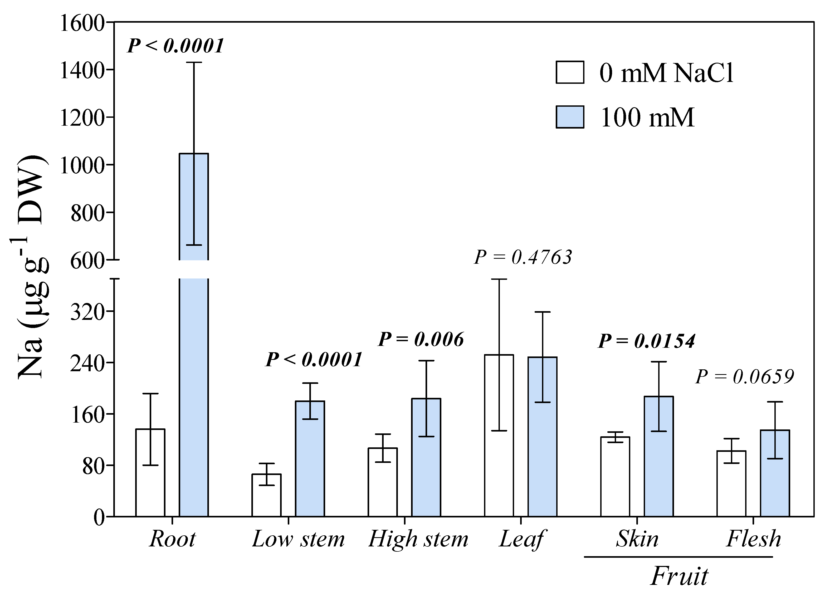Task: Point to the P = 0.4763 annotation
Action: click(523, 257)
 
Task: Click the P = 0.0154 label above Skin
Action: click(646, 341)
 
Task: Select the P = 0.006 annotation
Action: click(421, 339)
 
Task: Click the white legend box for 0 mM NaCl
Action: click(570, 72)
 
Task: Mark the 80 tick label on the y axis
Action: click(93, 466)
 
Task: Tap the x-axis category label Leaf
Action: click(521, 539)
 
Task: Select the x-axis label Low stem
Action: click(298, 539)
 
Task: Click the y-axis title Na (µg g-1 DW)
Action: click(31, 267)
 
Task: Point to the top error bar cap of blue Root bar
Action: click(194, 63)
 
